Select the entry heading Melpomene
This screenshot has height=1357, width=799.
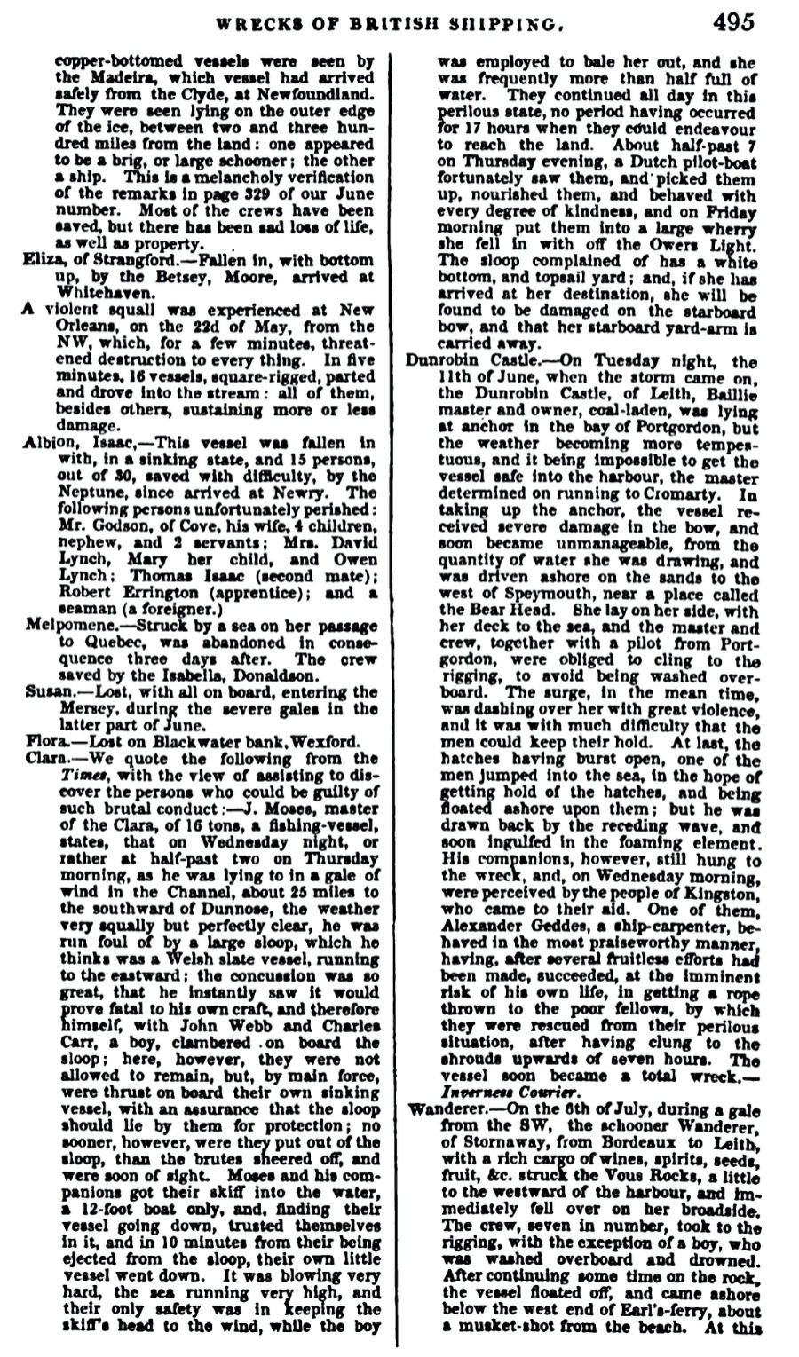click(64, 626)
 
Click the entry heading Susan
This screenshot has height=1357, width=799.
click(45, 692)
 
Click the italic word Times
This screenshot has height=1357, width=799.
click(84, 776)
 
